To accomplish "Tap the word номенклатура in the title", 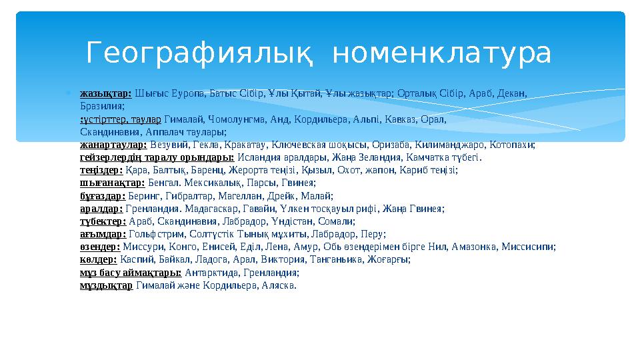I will pos(441,53).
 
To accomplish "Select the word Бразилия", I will pos(101,106).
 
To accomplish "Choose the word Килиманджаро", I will pos(455,145).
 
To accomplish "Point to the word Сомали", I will pos(339,221).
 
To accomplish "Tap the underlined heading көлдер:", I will pos(98,259).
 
